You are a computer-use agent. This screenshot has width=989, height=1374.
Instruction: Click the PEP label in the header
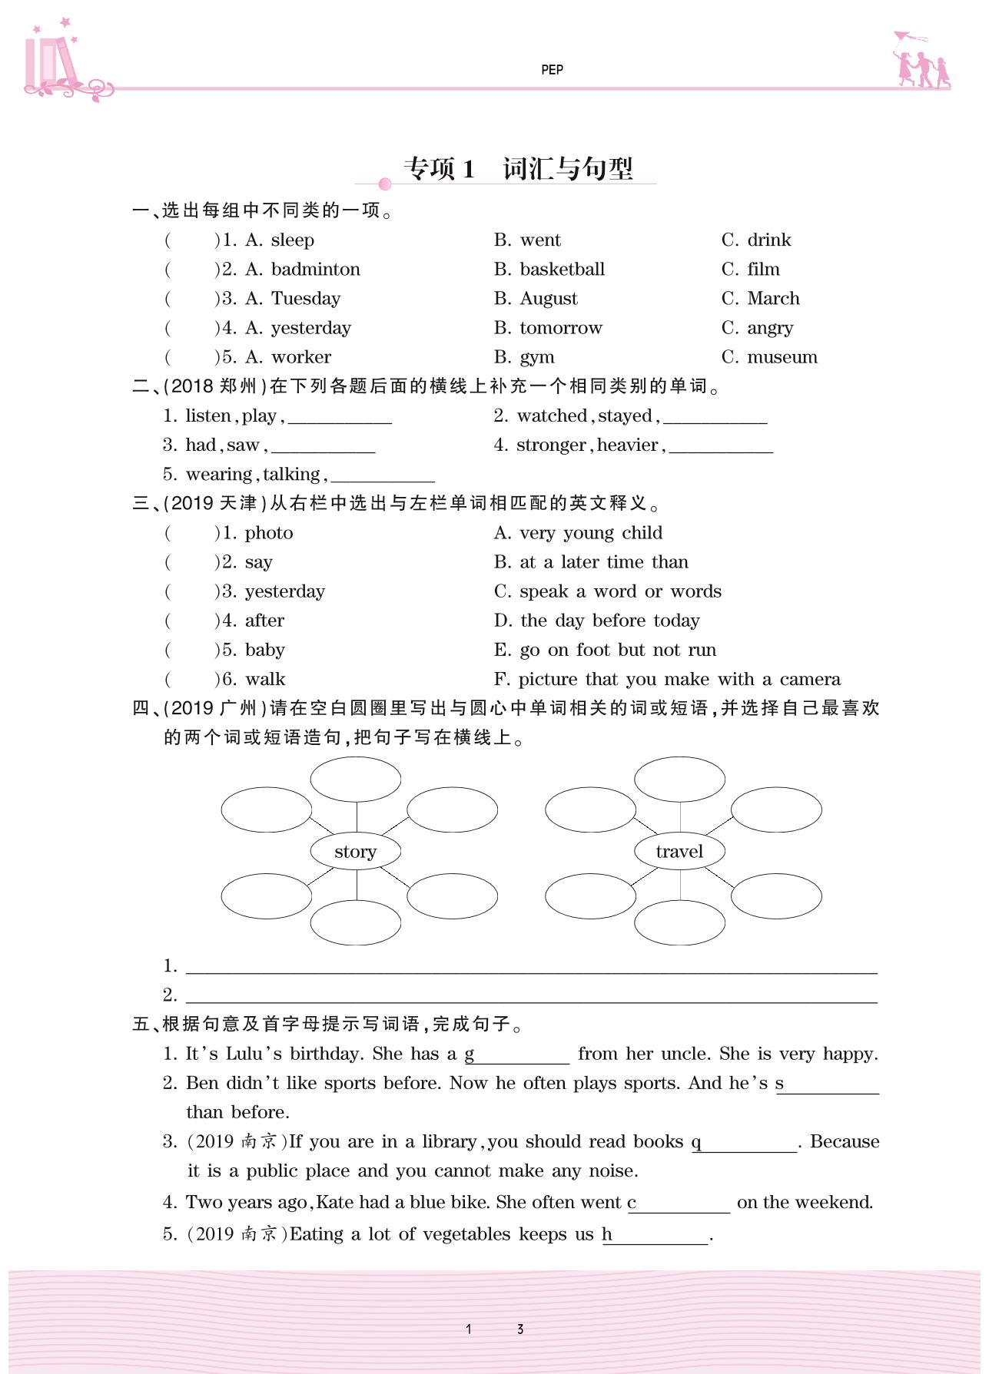tap(552, 70)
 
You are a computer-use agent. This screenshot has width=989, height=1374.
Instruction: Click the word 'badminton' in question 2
tap(315, 270)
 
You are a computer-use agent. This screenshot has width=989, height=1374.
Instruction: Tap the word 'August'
tap(549, 299)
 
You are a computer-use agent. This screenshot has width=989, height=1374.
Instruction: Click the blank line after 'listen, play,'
tap(340, 417)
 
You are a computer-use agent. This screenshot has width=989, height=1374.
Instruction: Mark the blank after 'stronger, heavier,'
tap(721, 446)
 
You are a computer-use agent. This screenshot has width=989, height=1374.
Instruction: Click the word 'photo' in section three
tap(269, 533)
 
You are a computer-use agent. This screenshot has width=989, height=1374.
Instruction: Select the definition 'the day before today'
tap(609, 621)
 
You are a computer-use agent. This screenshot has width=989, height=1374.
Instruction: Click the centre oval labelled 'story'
tap(355, 851)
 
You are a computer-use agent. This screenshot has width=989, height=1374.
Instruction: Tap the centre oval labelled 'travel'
tap(679, 851)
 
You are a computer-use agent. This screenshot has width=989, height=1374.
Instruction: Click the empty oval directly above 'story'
tap(355, 779)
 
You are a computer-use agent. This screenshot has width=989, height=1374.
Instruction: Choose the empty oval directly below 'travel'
tap(679, 922)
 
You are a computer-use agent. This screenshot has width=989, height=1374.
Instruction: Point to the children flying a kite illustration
tap(920, 61)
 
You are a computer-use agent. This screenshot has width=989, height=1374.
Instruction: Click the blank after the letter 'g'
tap(522, 1055)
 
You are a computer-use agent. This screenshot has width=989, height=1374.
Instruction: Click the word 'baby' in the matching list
tap(265, 650)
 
